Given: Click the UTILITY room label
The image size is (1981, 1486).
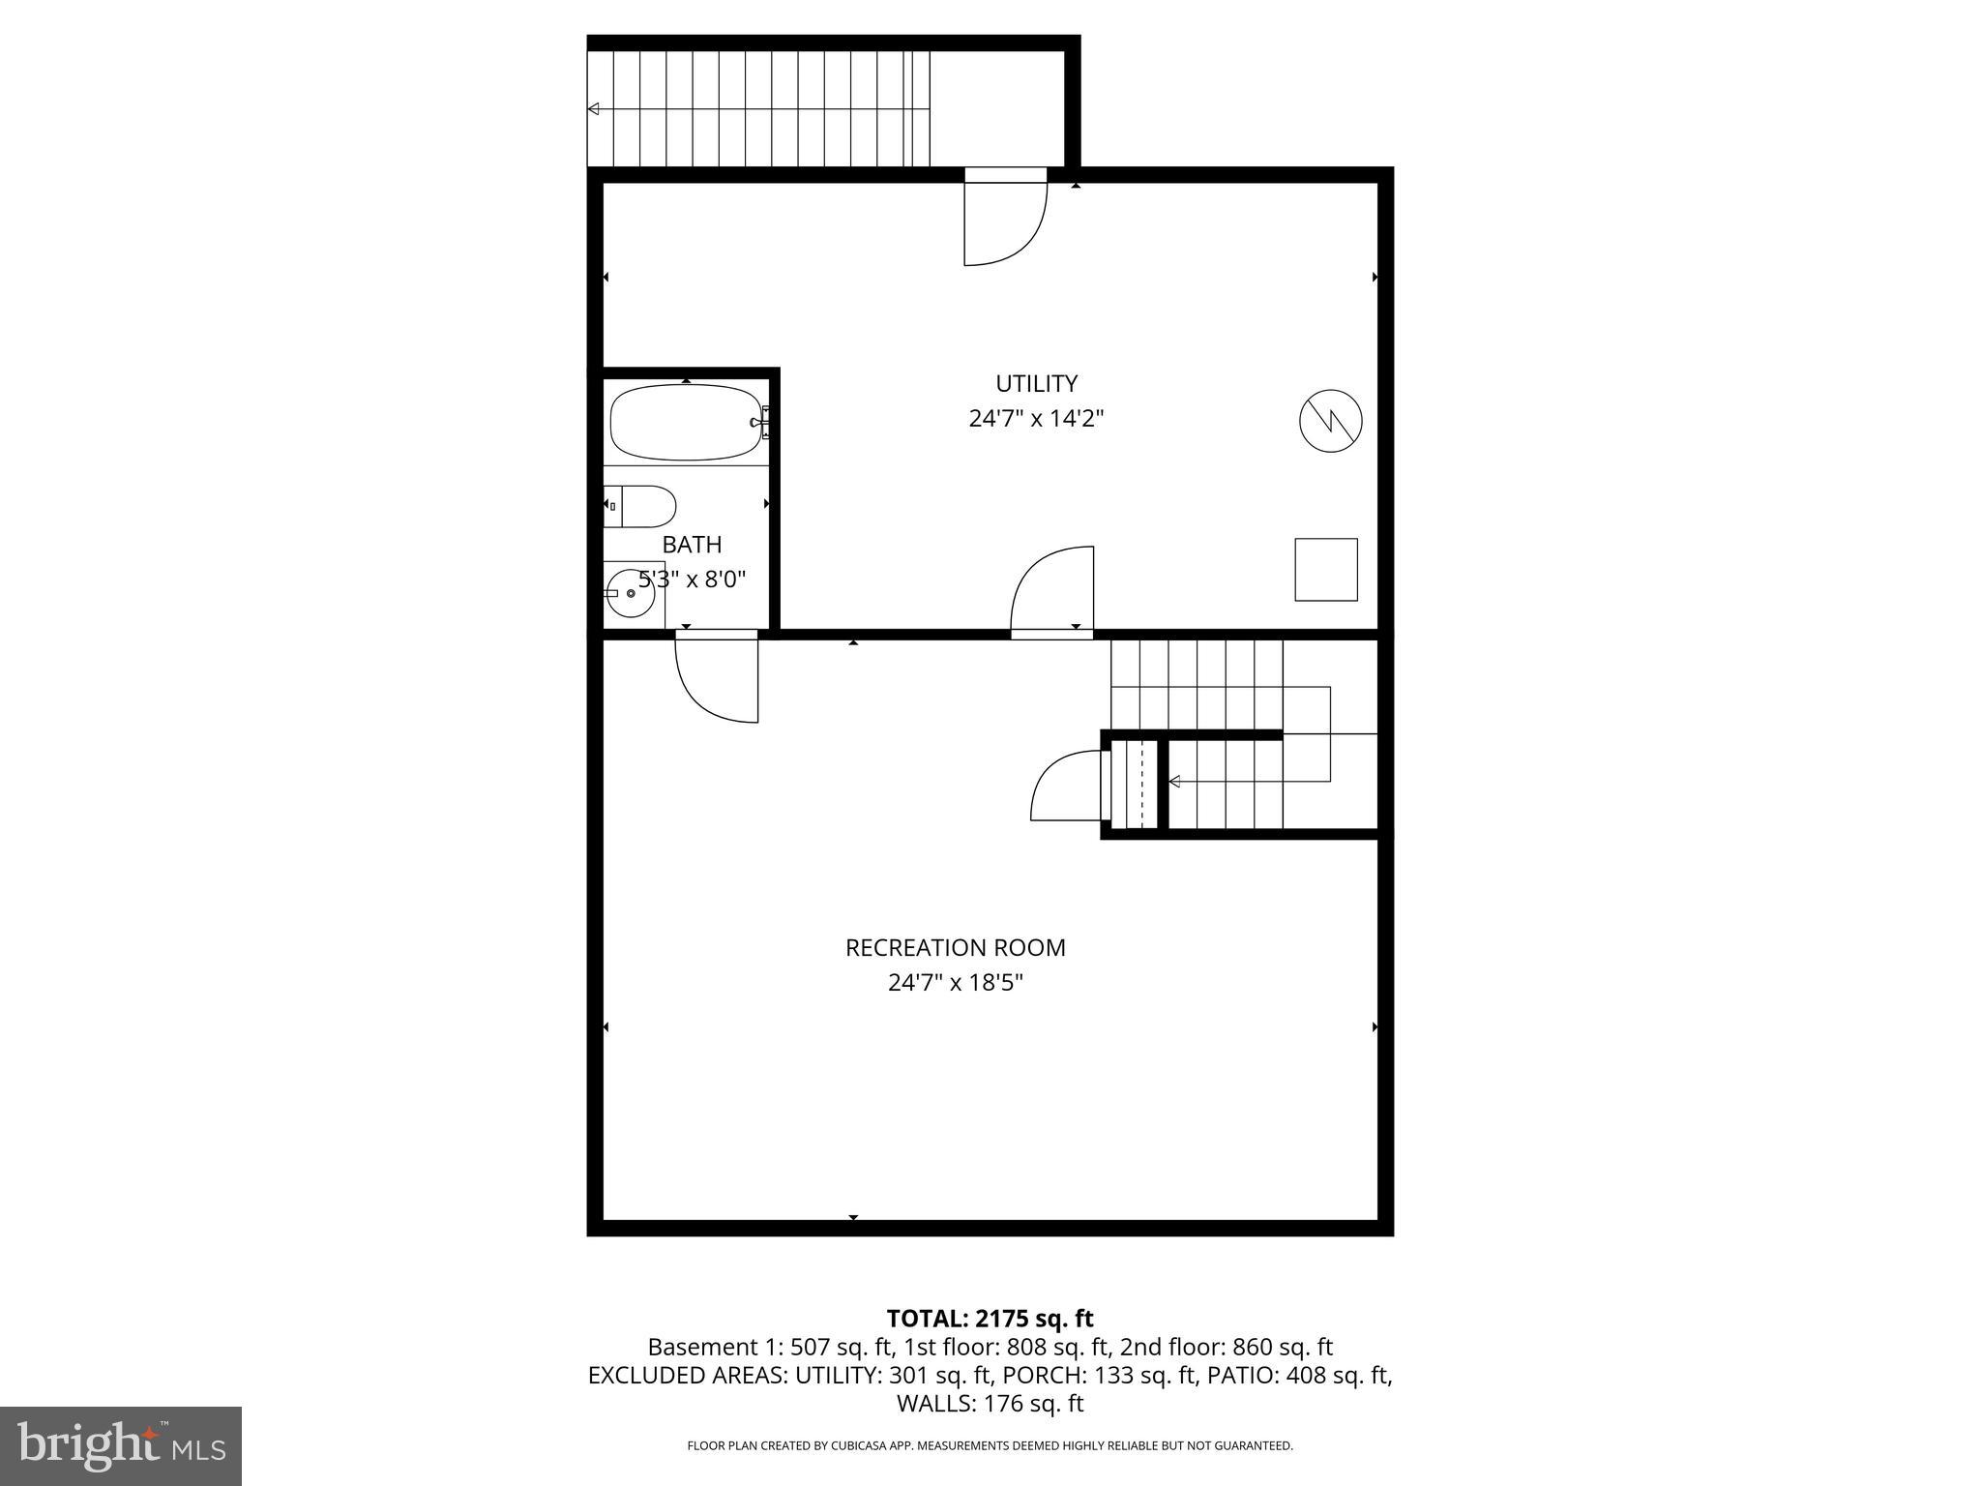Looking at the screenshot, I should [1036, 383].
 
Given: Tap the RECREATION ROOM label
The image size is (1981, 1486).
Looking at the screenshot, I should [955, 948].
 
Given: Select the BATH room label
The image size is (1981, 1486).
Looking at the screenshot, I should [692, 545].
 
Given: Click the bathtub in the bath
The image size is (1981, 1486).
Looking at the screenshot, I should [686, 423].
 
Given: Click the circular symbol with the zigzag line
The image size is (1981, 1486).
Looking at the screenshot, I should [1330, 420].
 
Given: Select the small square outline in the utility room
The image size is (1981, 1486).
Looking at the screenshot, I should [1326, 570].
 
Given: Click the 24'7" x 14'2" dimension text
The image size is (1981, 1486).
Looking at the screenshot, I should [1036, 419].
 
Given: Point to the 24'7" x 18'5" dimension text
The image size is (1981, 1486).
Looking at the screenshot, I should [955, 983].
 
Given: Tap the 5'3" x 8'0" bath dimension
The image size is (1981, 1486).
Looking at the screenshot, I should [692, 580].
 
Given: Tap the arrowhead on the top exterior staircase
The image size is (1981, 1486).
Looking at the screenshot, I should [593, 109].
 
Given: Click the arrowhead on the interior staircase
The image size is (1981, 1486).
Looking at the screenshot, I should [1174, 782].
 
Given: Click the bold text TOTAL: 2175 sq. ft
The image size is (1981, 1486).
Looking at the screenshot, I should [990, 1319].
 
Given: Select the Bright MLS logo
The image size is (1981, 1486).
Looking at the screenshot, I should [120, 1445].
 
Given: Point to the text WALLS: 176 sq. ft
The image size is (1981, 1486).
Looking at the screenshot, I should [990, 1404].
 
